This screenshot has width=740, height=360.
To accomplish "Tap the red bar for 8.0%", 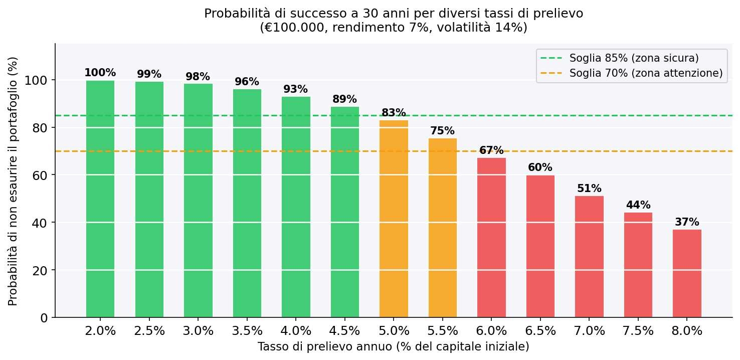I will click(x=687, y=273).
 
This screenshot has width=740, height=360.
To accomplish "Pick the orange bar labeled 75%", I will click(x=442, y=228).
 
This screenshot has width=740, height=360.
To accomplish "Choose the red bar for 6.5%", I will click(x=540, y=246).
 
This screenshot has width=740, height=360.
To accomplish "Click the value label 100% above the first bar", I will click(x=100, y=73).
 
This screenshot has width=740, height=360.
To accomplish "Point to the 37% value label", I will click(x=687, y=222).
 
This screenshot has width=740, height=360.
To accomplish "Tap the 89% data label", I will click(x=344, y=99).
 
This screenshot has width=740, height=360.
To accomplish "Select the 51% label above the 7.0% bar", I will click(x=589, y=189).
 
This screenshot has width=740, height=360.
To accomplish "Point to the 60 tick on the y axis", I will click(x=40, y=175).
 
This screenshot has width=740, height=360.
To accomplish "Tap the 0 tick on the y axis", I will click(x=44, y=318).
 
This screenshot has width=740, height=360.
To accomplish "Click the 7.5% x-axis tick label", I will click(x=638, y=331).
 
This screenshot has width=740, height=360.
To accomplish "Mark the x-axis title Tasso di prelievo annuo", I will click(x=393, y=347).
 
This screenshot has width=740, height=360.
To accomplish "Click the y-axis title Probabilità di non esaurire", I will click(x=13, y=181).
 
